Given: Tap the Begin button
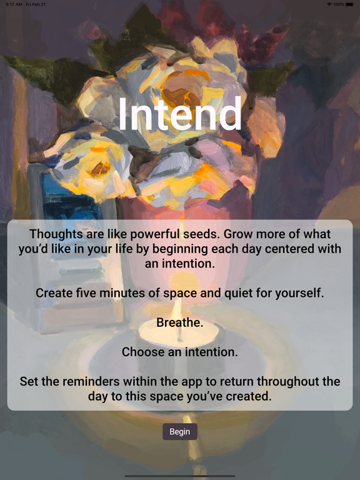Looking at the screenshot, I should (180, 432).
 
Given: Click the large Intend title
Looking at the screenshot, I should (180, 115).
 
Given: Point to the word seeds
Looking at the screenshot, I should (213, 234).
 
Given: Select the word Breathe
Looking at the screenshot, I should (180, 322).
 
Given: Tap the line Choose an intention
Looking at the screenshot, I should (180, 352).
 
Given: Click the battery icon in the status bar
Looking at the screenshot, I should (350, 4).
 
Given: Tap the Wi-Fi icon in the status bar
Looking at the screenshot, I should (329, 4).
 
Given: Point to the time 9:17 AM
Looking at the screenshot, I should (14, 4).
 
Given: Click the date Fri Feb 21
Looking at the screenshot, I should (37, 4).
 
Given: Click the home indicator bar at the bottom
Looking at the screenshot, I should (180, 476).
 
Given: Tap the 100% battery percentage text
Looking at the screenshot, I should (338, 4).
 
